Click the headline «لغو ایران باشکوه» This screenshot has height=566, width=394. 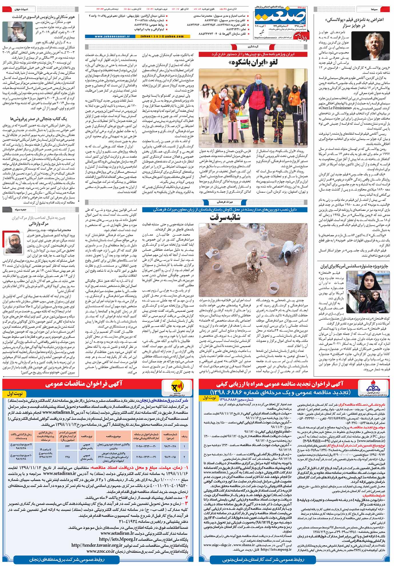pos(253,62)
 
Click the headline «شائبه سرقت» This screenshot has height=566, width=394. pos(225,217)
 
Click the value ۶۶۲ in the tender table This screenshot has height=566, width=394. pos(67,446)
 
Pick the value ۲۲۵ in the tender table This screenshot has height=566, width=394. pos(67,457)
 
